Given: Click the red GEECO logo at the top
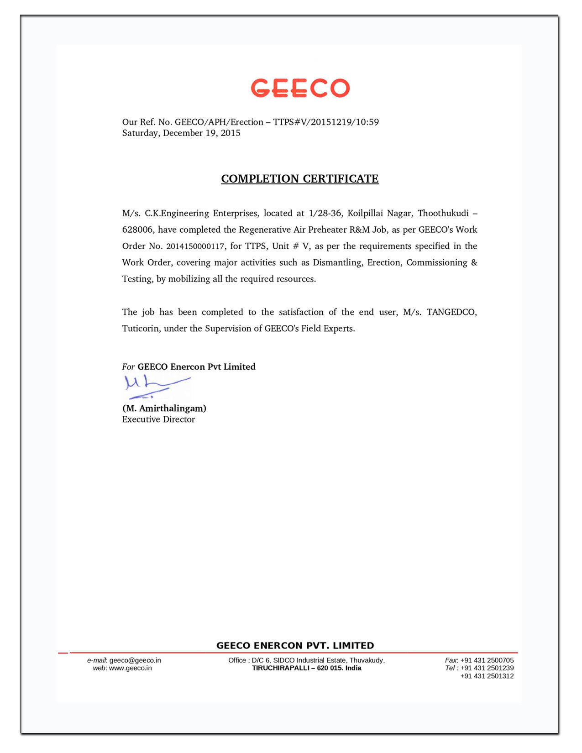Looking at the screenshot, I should (x=300, y=88).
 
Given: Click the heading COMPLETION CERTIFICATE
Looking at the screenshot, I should (x=300, y=178).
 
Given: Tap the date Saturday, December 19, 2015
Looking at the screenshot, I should (x=181, y=133).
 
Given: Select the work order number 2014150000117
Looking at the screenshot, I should (x=195, y=246).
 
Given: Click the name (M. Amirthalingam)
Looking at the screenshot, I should (x=164, y=408).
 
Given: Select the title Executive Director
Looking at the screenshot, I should (x=158, y=419).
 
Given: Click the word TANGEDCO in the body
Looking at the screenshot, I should (x=451, y=312).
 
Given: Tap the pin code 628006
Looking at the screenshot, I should (x=137, y=230).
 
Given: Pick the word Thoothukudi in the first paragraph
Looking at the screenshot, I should (x=443, y=213).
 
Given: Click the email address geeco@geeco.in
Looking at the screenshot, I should (x=135, y=660).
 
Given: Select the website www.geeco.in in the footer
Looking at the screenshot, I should (x=131, y=668).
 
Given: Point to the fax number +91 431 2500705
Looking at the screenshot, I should (x=487, y=660).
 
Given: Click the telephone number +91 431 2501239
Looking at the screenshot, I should (x=487, y=668).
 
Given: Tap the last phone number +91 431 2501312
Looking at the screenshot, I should (x=487, y=676).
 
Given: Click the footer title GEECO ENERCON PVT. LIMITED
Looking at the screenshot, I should (x=295, y=645).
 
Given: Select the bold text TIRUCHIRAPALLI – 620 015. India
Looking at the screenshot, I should (x=307, y=668).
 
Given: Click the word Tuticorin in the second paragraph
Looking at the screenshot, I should (x=141, y=329).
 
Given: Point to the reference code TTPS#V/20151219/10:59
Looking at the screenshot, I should (x=326, y=122).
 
